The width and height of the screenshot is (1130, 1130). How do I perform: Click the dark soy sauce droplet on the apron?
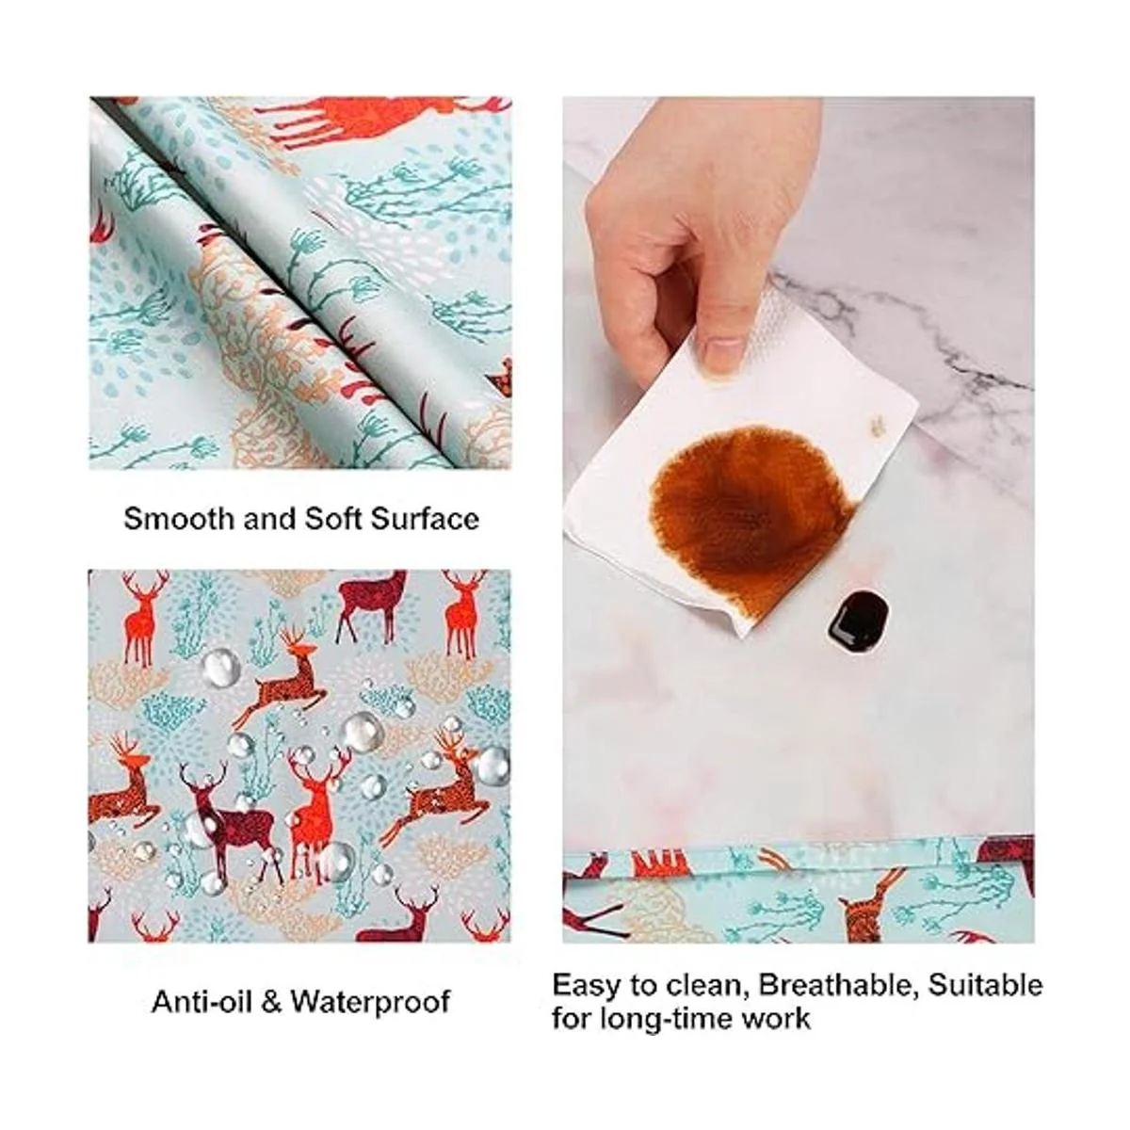pyautogui.click(x=857, y=616)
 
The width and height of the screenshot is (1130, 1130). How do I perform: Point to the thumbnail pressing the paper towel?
pyautogui.click(x=726, y=353)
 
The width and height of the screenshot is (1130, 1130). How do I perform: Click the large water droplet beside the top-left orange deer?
pyautogui.click(x=221, y=667)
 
